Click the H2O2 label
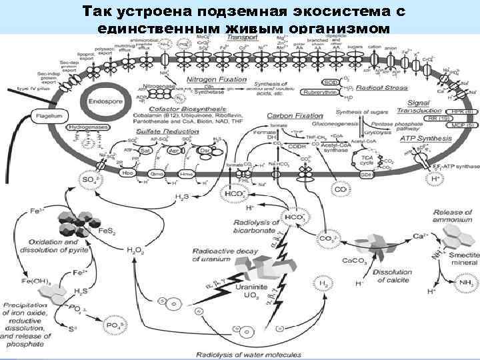[134, 250]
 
